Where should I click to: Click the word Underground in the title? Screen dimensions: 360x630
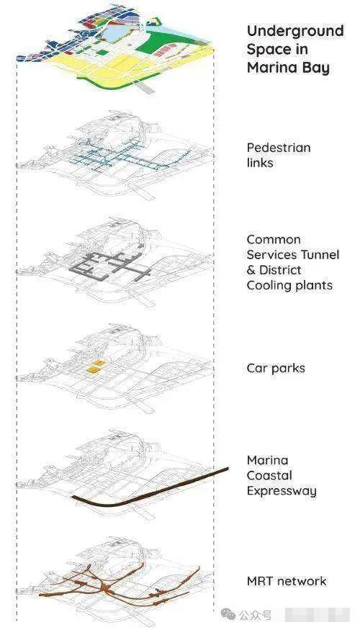click(295, 32)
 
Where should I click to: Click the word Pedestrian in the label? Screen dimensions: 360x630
click(279, 148)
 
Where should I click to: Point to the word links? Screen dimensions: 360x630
click(260, 163)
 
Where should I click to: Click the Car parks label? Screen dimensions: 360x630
click(276, 368)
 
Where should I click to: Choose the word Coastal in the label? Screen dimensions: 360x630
click(269, 475)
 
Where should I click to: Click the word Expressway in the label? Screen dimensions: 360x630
click(282, 491)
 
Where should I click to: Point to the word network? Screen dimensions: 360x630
click(302, 581)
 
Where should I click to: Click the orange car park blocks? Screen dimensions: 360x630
click(96, 366)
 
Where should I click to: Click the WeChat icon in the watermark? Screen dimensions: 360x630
click(228, 614)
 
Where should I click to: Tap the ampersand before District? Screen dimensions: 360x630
click(251, 270)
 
